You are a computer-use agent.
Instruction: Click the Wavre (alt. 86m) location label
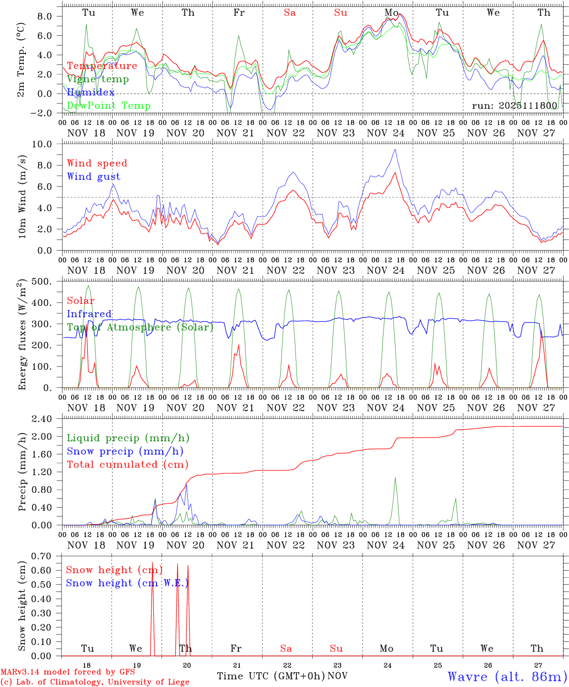pos(507,677)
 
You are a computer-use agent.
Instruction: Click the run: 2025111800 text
pos(514,105)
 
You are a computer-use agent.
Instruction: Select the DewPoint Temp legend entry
pos(109,105)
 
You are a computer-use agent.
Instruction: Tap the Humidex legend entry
pos(91,92)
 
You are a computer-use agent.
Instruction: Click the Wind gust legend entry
pos(93,177)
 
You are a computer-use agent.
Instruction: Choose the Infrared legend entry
pos(89,314)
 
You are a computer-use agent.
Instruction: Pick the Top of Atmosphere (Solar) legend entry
pos(140,327)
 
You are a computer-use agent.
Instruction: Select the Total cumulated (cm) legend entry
pos(127,464)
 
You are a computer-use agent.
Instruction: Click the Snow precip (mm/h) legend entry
pos(125,451)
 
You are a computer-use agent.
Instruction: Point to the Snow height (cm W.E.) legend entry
pos(127,583)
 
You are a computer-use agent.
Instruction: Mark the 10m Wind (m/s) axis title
pos(22,197)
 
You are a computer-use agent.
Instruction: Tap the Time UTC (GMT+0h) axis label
pos(271,676)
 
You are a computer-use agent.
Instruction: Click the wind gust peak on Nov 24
pos(395,149)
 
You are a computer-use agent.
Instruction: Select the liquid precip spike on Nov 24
pos(395,478)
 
